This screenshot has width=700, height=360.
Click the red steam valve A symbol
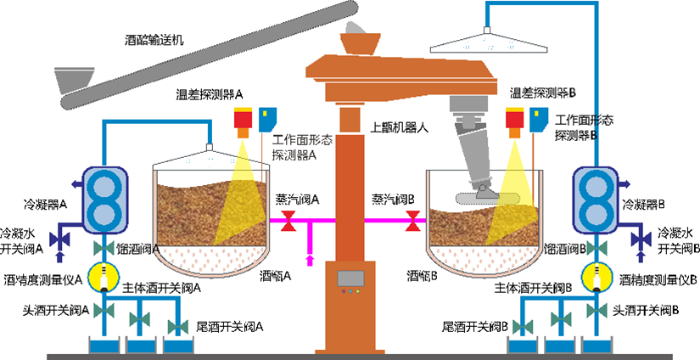pos(289,222)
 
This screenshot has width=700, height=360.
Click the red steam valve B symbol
pos(413,222)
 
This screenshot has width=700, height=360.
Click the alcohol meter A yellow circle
pos(104,277)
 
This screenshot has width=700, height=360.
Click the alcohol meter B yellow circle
pos(596,277)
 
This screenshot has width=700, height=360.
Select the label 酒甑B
pos(421,275)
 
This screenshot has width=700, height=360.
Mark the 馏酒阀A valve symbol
pos(104,248)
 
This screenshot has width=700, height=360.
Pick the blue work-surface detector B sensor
pos(535,119)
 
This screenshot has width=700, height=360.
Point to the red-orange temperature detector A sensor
pos(244,121)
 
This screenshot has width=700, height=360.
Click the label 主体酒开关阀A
pos(161,287)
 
